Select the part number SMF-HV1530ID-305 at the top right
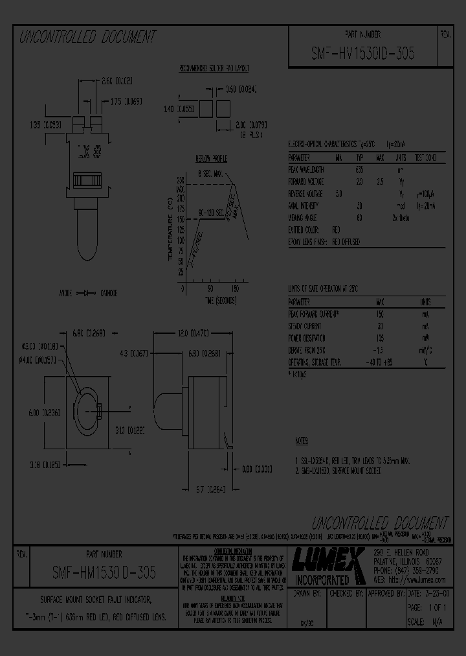(362, 54)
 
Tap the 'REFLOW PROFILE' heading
(211, 158)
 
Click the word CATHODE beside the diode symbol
(108, 293)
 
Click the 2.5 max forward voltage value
(381, 182)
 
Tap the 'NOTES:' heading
(302, 441)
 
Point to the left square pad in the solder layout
(206, 109)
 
